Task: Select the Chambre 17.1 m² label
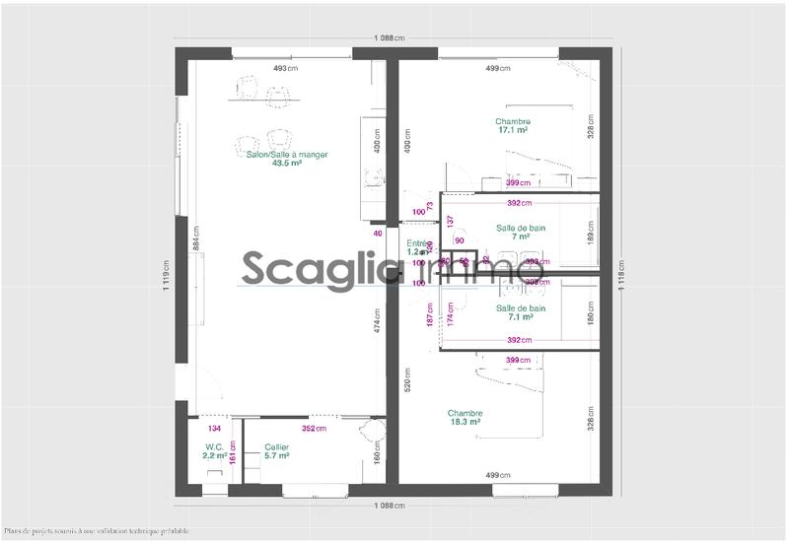[x=513, y=125]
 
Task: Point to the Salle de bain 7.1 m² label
[x=521, y=312]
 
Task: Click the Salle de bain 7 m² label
[x=521, y=233]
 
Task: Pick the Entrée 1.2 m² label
[x=418, y=247]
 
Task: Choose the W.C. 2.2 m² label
[x=215, y=451]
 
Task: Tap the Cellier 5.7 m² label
[x=276, y=451]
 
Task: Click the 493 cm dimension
[x=285, y=68]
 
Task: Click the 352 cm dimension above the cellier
[x=314, y=429]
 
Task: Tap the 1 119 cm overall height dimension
[x=168, y=270]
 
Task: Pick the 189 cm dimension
[x=591, y=234]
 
